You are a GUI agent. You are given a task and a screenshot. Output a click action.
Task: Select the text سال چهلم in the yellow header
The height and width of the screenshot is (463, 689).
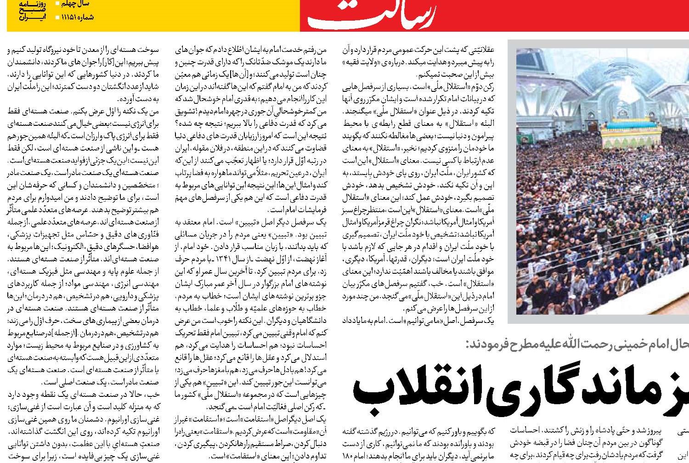pos(78,4)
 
